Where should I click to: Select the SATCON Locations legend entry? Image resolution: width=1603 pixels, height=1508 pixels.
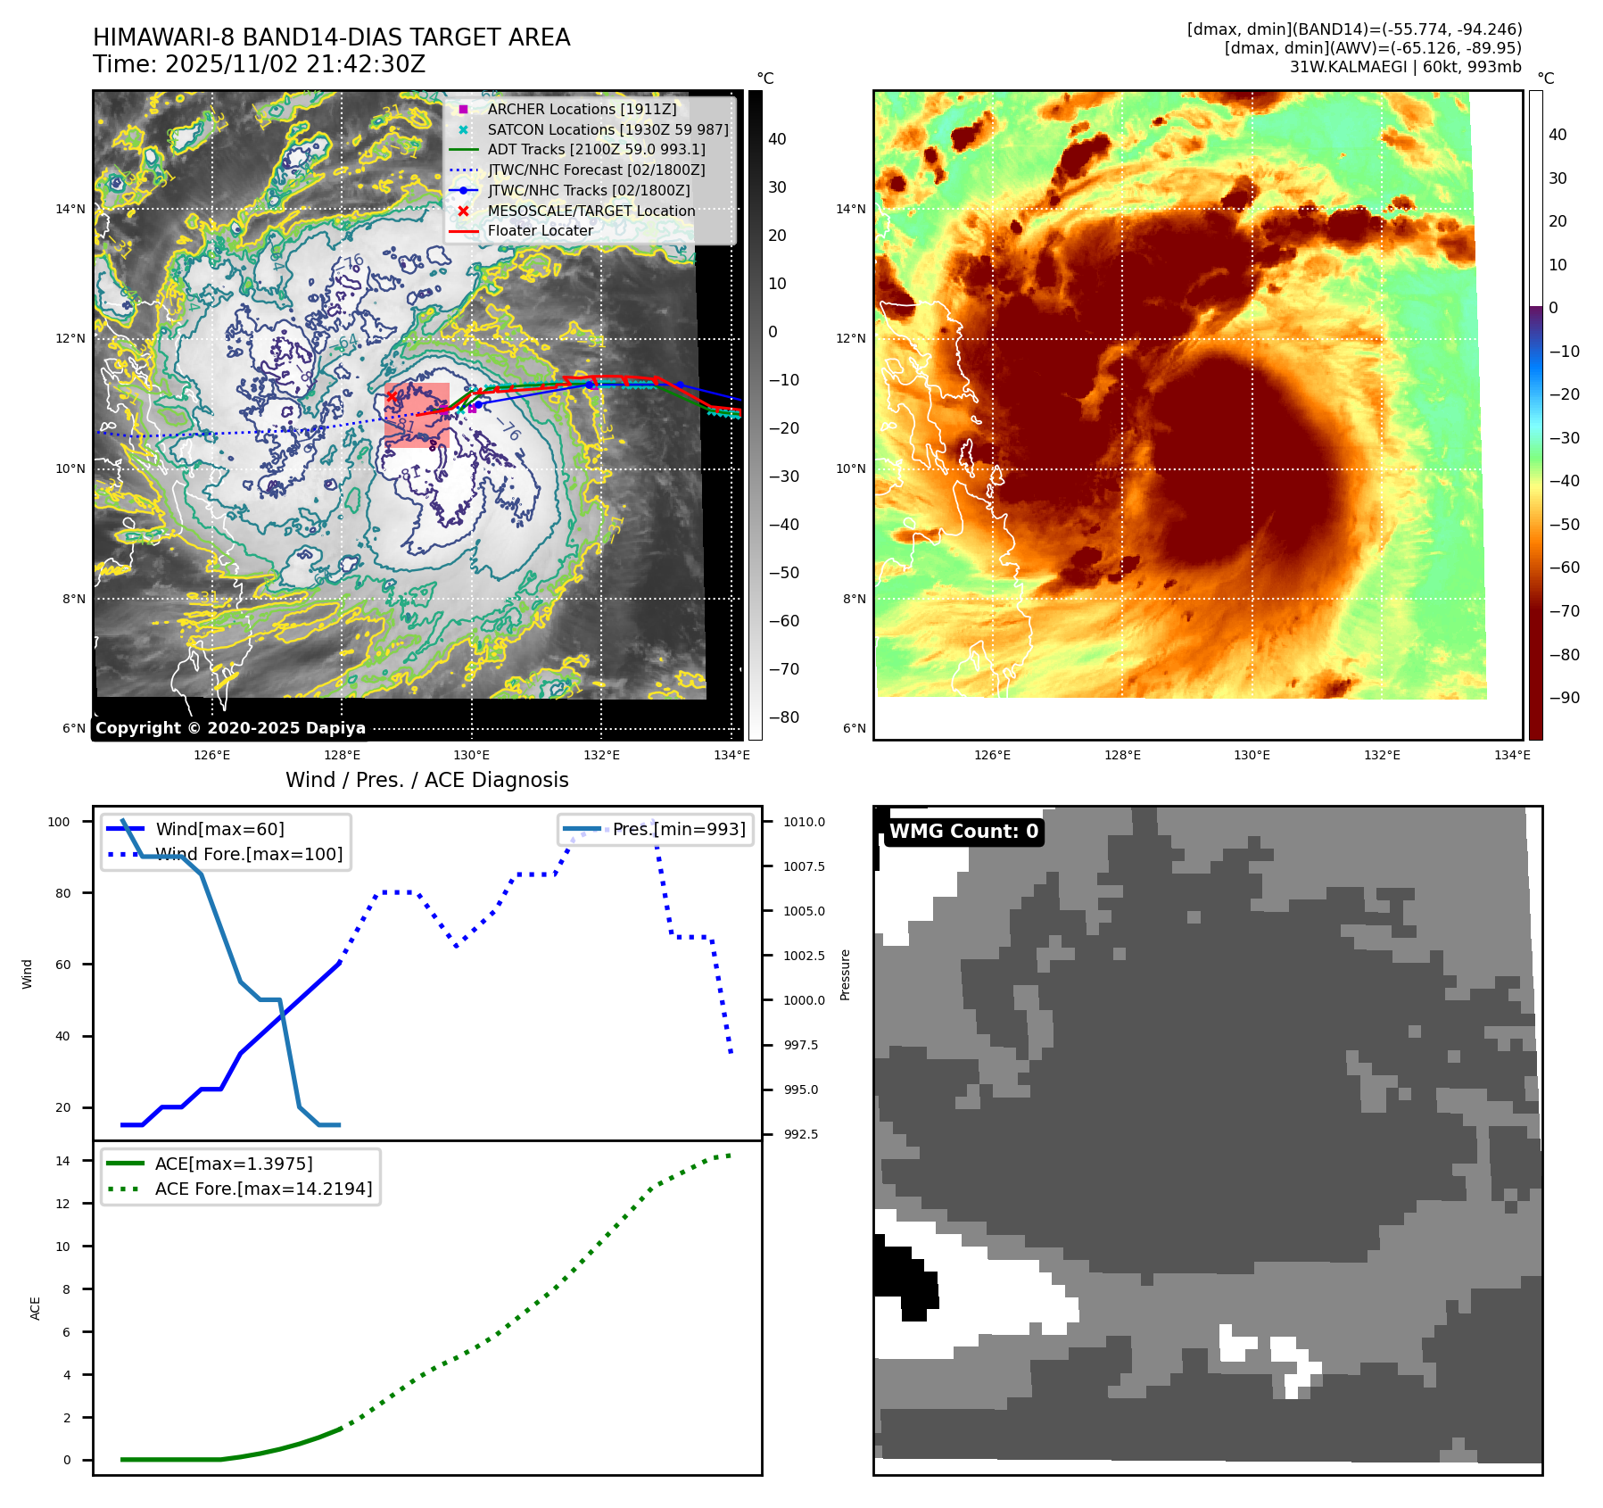point(607,129)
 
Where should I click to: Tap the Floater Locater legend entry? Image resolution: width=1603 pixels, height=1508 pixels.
point(540,230)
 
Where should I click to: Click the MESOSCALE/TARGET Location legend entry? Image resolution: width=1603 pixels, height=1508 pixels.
point(591,211)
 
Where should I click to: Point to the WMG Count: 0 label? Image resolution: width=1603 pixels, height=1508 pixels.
point(963,832)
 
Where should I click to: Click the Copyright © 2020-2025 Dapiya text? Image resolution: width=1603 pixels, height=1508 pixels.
point(230,728)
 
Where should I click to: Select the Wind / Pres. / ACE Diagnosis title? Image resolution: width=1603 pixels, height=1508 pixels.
point(426,780)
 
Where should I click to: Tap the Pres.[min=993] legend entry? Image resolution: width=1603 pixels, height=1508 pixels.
point(678,829)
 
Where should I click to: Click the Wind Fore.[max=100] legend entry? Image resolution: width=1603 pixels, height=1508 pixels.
point(249,854)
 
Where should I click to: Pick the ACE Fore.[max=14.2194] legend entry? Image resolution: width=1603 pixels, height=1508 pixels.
point(263,1189)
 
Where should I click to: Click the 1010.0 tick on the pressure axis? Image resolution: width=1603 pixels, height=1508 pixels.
point(804,822)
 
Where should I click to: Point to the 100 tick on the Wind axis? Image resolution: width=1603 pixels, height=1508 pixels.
point(59,822)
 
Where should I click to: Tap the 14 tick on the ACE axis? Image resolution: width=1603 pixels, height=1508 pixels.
point(62,1161)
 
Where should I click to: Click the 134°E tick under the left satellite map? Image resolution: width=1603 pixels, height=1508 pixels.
point(731,755)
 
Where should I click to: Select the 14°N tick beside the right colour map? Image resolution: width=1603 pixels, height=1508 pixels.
point(850,210)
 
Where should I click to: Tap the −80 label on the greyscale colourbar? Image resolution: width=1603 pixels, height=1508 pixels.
point(784,717)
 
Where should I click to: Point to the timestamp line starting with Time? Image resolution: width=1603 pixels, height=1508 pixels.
point(259,64)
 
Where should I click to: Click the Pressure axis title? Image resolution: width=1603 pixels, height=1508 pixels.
point(845,974)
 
